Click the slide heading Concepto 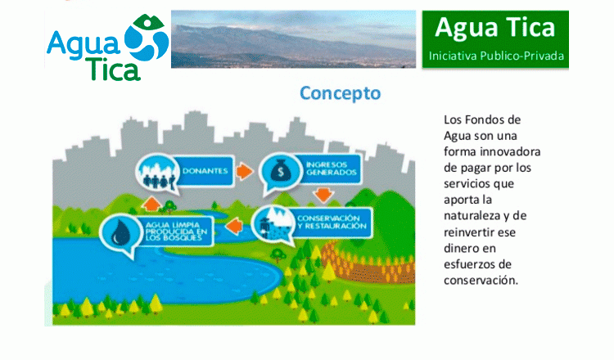[x=340, y=93]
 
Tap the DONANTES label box [x=205, y=171]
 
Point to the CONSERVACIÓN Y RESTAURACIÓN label [x=332, y=223]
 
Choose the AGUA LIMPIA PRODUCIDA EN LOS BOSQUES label [x=176, y=232]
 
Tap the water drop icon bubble [x=120, y=233]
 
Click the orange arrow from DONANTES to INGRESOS [x=245, y=171]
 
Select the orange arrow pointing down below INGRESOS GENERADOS [x=323, y=195]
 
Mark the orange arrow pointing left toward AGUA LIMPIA [x=234, y=226]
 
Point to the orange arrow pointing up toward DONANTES [x=151, y=204]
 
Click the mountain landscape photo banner [x=293, y=38]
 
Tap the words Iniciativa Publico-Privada [x=496, y=56]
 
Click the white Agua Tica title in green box [x=495, y=28]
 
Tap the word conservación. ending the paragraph [x=481, y=280]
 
